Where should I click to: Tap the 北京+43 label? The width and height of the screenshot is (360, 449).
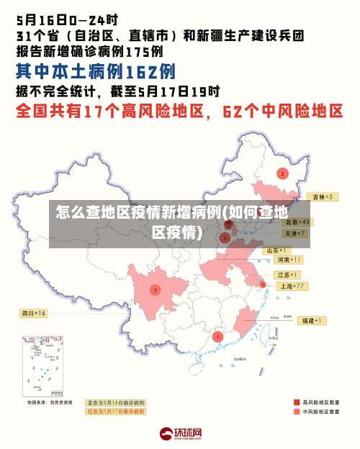[296, 222]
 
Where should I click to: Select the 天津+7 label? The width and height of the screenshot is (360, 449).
[294, 234]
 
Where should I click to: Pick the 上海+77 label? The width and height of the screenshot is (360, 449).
[292, 286]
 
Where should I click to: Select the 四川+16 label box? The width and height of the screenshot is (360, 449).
[33, 314]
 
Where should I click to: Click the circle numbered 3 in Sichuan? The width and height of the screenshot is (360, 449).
[155, 290]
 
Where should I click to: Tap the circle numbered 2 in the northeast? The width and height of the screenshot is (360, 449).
[282, 173]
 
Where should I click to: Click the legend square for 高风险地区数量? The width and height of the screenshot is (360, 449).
[297, 402]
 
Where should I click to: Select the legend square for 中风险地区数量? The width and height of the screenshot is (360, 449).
[297, 412]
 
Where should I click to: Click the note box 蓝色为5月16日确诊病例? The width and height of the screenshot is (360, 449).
[116, 403]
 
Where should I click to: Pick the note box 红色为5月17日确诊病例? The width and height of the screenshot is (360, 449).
[116, 412]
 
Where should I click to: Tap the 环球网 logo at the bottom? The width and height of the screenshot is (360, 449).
[181, 433]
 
